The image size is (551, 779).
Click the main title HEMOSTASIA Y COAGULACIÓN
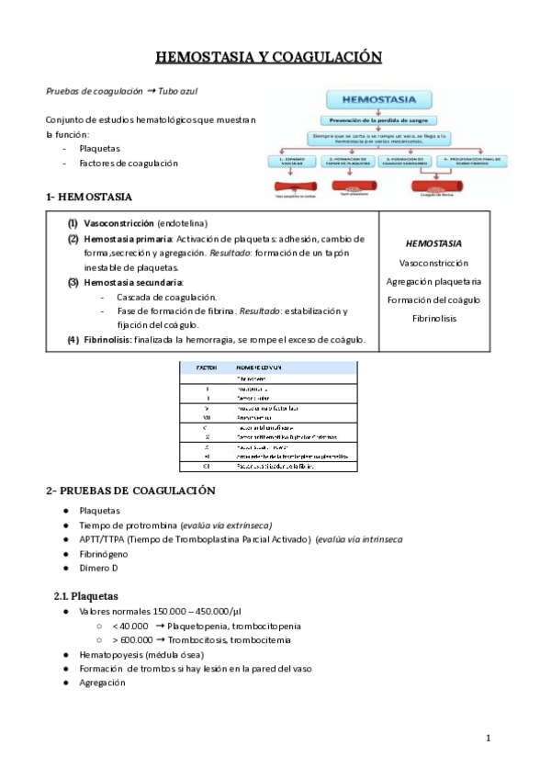(268, 58)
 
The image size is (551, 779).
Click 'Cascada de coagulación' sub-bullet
(166, 297)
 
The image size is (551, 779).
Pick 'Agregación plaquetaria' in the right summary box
(433, 281)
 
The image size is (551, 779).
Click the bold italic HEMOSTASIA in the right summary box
(433, 243)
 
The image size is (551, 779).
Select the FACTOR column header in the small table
(207, 367)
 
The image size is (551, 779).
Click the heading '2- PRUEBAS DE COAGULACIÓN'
(130, 491)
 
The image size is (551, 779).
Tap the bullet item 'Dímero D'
(100, 569)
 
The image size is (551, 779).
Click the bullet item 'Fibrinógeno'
(104, 554)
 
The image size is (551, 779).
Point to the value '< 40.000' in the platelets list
(130, 626)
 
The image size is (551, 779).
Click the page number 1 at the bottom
(489, 738)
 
